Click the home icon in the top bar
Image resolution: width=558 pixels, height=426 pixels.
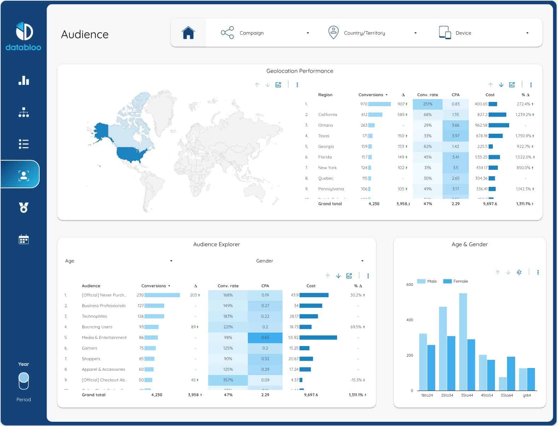(188, 33)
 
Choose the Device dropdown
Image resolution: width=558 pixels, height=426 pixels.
(484, 33)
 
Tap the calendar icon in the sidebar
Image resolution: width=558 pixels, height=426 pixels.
(23, 240)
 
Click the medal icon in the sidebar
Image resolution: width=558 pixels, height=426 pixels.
(23, 207)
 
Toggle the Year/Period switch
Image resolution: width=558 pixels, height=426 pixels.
(24, 381)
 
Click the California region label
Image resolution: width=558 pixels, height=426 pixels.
(328, 115)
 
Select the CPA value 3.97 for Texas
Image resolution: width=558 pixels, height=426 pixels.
(455, 136)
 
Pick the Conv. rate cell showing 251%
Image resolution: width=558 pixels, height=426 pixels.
(427, 104)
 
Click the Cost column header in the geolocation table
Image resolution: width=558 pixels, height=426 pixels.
(490, 95)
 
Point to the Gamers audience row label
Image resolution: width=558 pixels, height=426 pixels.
(89, 348)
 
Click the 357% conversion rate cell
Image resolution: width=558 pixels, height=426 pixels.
(228, 380)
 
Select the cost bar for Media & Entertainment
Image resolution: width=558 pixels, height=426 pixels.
(318, 338)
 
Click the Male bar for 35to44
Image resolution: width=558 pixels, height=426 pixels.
(463, 341)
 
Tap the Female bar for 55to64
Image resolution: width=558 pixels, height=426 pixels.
(511, 373)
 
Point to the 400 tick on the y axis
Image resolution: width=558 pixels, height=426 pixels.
(410, 320)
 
